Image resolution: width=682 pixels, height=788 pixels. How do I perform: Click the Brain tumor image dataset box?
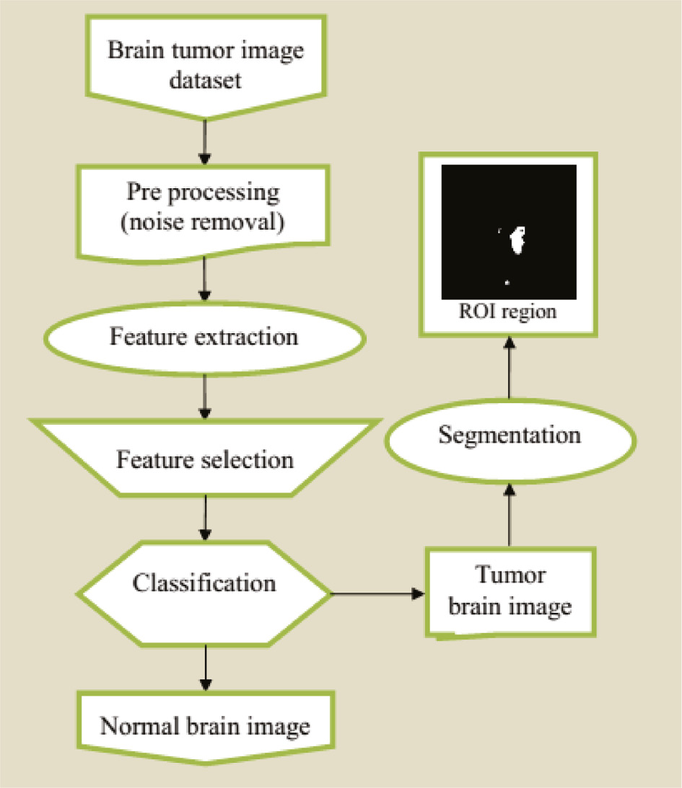(205, 65)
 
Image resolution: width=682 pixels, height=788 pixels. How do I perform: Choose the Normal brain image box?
(205, 725)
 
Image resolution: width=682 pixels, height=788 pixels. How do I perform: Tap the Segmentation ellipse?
(510, 435)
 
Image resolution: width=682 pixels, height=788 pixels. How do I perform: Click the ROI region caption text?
(509, 313)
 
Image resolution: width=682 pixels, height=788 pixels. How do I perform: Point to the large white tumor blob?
(517, 241)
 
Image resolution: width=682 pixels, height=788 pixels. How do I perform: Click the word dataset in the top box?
(205, 79)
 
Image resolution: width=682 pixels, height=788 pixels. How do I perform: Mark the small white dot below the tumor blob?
(507, 282)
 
